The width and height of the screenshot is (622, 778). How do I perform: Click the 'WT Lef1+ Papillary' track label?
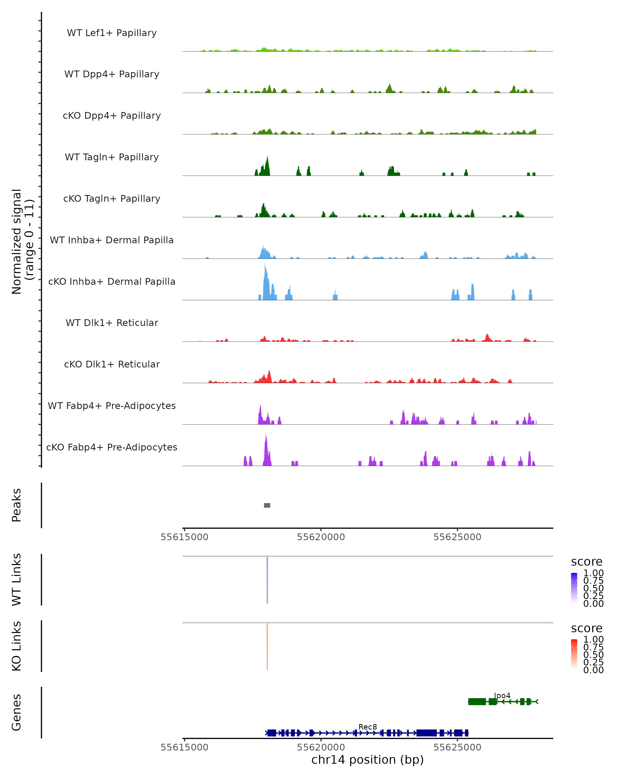tap(112, 33)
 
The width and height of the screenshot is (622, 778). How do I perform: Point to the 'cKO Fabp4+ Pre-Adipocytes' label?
tap(112, 447)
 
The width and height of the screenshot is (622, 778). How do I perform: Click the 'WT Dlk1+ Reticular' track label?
tap(112, 323)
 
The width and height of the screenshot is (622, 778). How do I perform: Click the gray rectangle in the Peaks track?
tap(267, 505)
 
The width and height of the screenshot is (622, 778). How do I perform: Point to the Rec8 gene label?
tap(367, 727)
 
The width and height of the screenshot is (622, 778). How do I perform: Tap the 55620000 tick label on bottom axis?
tap(321, 747)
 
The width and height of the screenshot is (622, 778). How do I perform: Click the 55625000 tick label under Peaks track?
tap(457, 537)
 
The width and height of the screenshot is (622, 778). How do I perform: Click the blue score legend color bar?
tap(574, 588)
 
